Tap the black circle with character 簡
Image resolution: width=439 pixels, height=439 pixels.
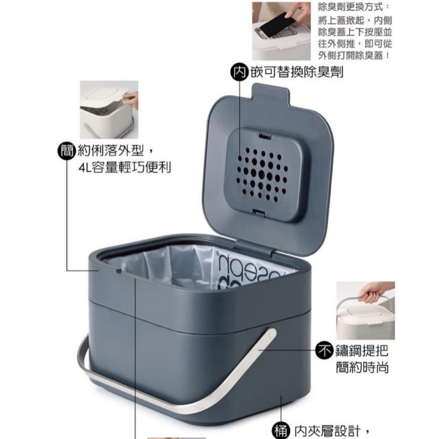(x=66, y=151)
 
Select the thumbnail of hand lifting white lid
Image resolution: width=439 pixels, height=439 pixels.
(x=109, y=109)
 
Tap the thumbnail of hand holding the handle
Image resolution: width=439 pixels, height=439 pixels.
(x=366, y=310)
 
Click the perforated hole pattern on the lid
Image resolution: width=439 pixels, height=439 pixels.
(x=262, y=175)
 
